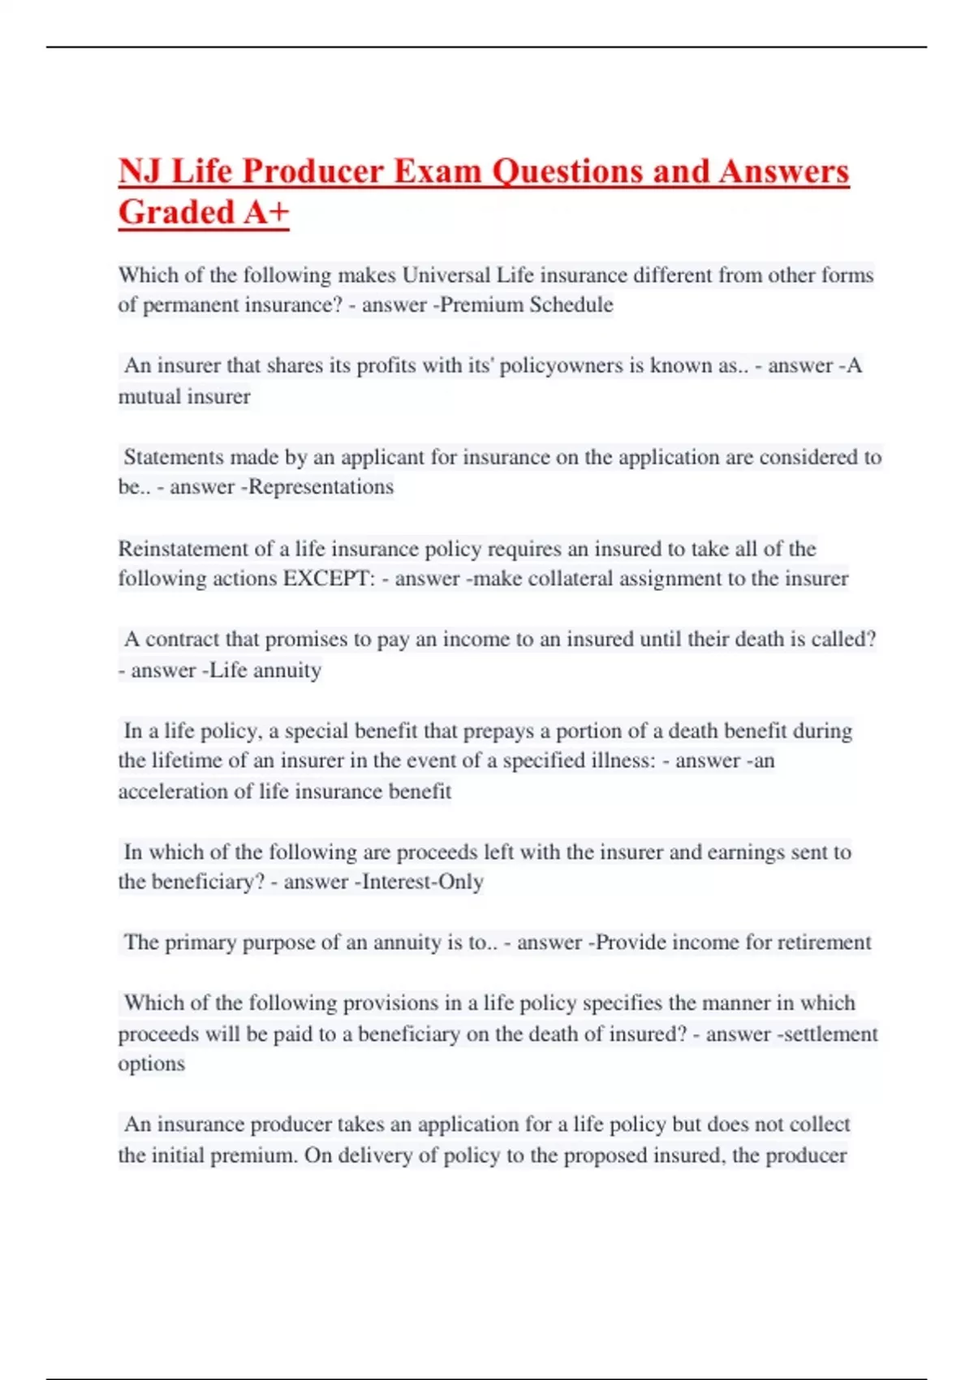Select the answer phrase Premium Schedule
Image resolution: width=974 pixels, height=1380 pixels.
click(x=526, y=305)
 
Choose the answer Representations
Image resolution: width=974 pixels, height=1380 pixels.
click(x=321, y=487)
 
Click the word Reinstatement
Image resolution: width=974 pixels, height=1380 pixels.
click(x=184, y=549)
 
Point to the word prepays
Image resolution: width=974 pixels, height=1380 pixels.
click(x=496, y=731)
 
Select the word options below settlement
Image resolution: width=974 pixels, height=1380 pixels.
click(x=151, y=1064)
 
